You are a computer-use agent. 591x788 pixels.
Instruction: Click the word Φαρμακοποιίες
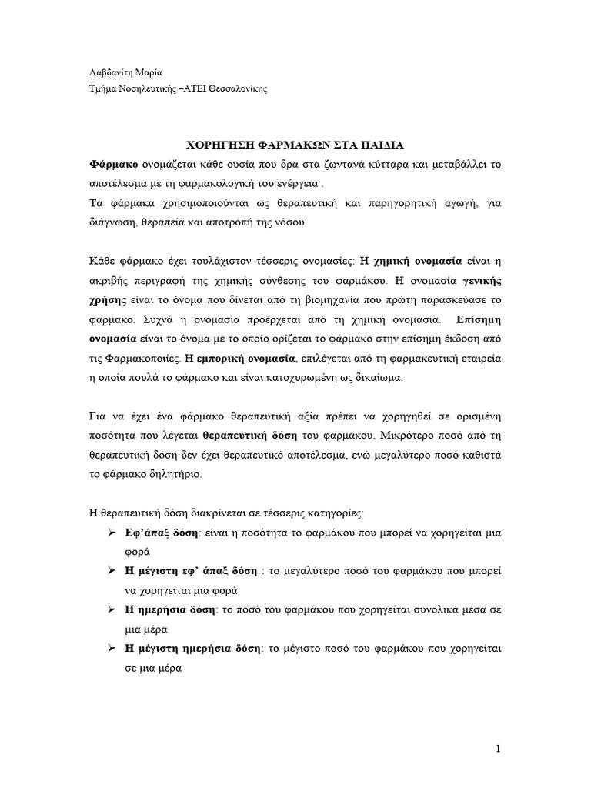pos(139,358)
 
